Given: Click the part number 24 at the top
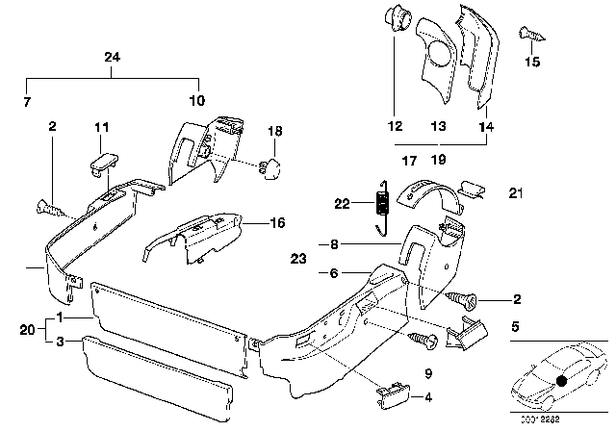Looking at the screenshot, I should tap(113, 58).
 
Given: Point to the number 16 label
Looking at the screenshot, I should tap(251, 222).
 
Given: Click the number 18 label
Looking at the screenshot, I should tap(274, 131).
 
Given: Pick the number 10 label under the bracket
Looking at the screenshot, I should tap(196, 100).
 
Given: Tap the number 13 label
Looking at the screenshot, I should tap(438, 126).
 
